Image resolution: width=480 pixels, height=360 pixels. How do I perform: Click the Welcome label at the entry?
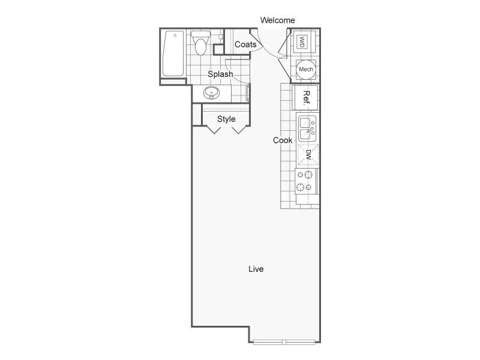[277, 20]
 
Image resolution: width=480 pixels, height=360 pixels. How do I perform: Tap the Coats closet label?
[245, 44]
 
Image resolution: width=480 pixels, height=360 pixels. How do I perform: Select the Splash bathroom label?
[220, 74]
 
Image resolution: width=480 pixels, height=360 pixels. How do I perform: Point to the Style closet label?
[226, 119]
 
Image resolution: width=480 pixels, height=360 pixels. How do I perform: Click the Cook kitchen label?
[283, 140]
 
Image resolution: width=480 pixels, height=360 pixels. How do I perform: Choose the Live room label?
[256, 269]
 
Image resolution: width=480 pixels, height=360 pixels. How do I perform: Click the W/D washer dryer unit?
[302, 41]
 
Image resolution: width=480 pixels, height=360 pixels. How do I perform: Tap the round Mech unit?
[306, 70]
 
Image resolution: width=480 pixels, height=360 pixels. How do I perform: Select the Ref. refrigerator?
[305, 98]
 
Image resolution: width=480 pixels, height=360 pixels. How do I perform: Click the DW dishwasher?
[308, 155]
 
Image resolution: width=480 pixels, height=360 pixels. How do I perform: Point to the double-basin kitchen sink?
[307, 128]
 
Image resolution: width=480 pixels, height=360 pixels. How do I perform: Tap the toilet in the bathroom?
[200, 42]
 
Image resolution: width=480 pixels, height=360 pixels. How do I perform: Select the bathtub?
[173, 53]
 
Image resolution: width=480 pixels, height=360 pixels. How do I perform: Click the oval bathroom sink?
[212, 93]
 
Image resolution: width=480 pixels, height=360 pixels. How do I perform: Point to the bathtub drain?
[175, 35]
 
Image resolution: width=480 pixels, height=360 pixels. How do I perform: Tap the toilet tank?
[200, 34]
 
